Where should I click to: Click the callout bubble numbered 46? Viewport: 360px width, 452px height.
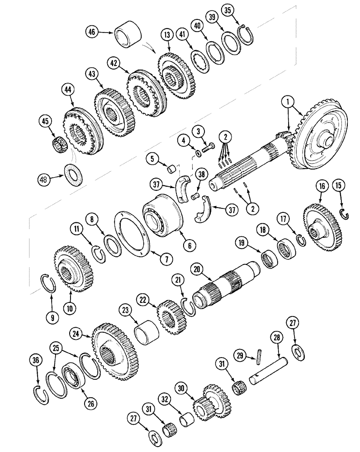point(92,32)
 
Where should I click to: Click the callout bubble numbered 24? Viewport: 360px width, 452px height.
point(77,334)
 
